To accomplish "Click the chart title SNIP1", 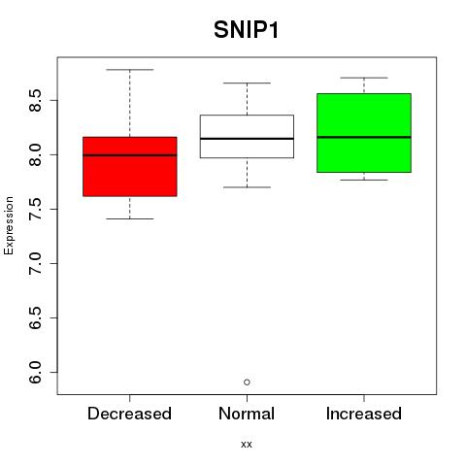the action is [x=246, y=30].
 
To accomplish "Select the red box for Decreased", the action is [x=130, y=167].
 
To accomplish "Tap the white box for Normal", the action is [x=247, y=136].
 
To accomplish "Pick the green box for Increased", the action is [x=364, y=133].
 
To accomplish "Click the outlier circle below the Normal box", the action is [x=247, y=383].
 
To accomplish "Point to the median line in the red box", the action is [x=130, y=155].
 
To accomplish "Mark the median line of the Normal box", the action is [x=247, y=139].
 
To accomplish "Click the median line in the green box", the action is [x=364, y=137].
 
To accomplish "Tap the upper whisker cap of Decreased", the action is [x=130, y=70].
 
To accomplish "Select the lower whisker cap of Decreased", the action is [x=130, y=218].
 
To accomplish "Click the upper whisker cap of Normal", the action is [x=247, y=83].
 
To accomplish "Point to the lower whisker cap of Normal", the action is [x=247, y=187].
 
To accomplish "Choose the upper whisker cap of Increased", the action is [x=364, y=78].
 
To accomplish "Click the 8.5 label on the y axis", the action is [x=35, y=100].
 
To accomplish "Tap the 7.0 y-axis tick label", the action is [x=35, y=263].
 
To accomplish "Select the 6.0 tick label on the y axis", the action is [x=35, y=372].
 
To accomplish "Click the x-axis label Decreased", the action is [x=129, y=414].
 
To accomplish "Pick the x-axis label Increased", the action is [x=364, y=414].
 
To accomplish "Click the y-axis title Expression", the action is [x=9, y=225].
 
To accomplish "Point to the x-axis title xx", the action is [x=247, y=445].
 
